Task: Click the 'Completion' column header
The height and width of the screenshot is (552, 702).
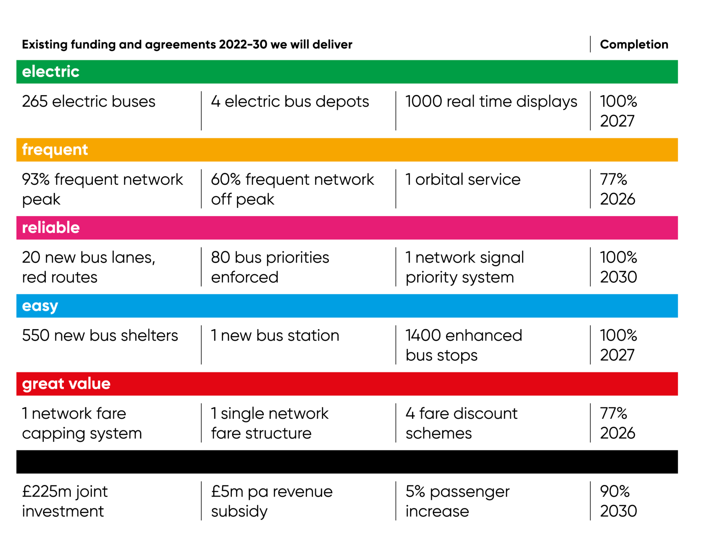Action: tap(634, 44)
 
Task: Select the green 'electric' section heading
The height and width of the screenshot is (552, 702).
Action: tap(51, 72)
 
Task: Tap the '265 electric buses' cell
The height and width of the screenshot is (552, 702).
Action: tap(89, 101)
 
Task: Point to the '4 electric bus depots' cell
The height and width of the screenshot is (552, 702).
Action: tap(290, 102)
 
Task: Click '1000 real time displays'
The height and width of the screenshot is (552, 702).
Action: tap(491, 102)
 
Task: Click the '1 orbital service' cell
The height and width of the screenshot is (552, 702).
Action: tap(463, 179)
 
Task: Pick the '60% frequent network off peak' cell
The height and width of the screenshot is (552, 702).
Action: tap(293, 189)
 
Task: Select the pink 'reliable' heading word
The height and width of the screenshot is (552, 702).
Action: tap(51, 227)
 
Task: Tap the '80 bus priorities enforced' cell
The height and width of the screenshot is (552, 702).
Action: tap(270, 267)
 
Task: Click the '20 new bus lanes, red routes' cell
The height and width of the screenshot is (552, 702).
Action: tap(89, 267)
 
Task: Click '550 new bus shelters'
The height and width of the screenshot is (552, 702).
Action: tap(100, 335)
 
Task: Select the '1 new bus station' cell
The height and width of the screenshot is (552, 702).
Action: tap(275, 335)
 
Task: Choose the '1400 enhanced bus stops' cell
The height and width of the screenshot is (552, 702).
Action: tap(464, 345)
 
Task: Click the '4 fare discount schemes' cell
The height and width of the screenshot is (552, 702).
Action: tap(462, 423)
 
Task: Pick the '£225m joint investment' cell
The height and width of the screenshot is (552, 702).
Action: tap(65, 501)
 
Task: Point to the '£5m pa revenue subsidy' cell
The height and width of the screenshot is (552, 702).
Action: tap(272, 501)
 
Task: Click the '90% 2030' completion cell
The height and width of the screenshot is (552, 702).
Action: tap(618, 501)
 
